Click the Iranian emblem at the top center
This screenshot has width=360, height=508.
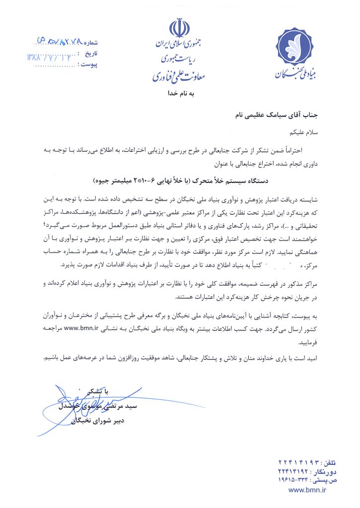[180, 28]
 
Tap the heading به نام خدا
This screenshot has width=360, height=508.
[180, 93]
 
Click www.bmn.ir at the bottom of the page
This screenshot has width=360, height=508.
[307, 490]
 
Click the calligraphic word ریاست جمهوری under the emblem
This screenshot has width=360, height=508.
[179, 60]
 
